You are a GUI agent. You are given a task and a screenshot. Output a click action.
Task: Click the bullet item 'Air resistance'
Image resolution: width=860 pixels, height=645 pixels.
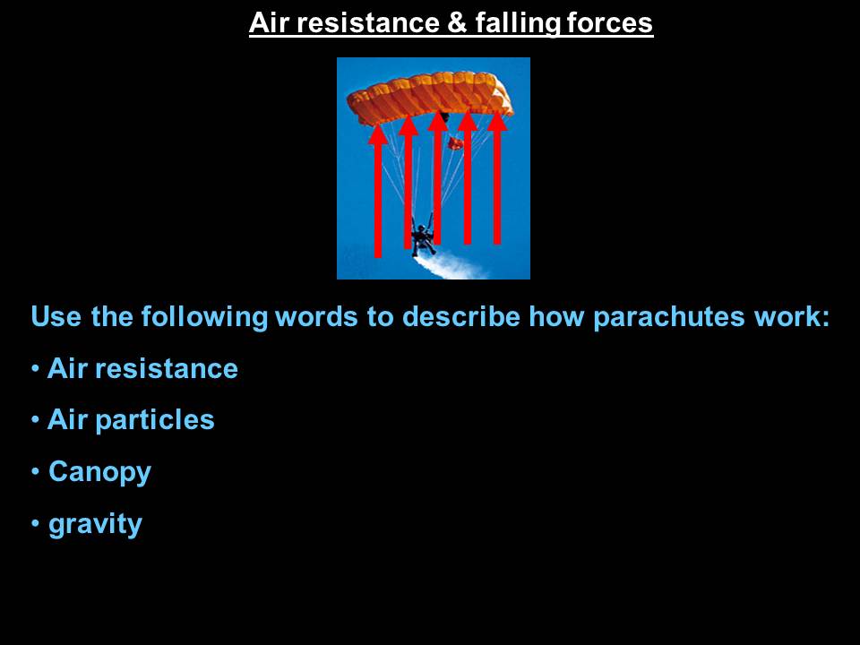tap(142, 368)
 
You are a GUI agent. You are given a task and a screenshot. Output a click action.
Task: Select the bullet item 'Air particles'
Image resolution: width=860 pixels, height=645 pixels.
tap(131, 420)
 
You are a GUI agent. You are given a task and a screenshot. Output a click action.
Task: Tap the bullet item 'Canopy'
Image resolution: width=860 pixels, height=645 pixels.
tap(99, 472)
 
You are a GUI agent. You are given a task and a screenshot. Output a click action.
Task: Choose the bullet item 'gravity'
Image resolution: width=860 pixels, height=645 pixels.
tap(96, 524)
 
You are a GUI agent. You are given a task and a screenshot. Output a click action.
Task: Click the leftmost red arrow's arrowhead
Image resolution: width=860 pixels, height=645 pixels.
tap(378, 135)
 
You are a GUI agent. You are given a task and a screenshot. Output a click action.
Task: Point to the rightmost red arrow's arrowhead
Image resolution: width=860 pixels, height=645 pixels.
tap(497, 121)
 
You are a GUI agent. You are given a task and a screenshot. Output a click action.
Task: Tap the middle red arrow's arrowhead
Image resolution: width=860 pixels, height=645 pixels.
tap(438, 121)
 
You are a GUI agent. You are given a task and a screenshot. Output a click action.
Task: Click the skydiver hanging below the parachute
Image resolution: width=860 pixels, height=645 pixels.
tap(424, 236)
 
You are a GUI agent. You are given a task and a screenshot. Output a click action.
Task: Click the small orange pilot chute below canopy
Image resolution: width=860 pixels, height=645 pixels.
tap(455, 143)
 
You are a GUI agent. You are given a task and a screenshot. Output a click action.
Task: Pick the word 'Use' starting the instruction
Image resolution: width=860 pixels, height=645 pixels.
tap(56, 316)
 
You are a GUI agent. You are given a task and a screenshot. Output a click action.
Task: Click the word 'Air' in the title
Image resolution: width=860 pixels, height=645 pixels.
tap(269, 23)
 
